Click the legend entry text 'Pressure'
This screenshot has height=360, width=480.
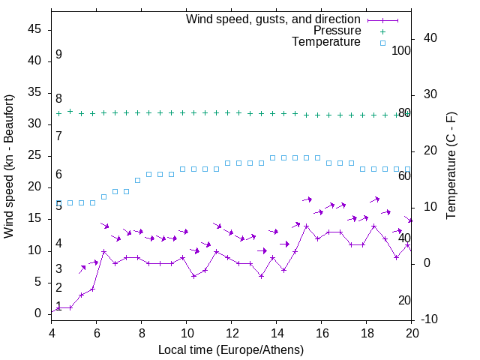[x=337, y=31]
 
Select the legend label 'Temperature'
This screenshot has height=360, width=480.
[x=326, y=42]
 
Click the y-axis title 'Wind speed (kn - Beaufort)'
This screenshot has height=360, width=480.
[x=9, y=166]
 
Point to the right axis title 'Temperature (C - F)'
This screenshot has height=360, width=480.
[x=451, y=166]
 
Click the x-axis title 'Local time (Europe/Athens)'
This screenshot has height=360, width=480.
[x=231, y=349]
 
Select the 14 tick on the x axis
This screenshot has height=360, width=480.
[x=277, y=333]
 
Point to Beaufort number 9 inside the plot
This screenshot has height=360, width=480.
[x=58, y=55]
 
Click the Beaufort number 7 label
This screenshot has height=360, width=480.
[x=58, y=136]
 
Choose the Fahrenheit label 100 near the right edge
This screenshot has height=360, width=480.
[x=401, y=50]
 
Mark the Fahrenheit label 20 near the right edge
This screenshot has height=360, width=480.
[x=404, y=300]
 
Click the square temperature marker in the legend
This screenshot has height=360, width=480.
[x=382, y=43]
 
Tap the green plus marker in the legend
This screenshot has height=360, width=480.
[x=382, y=31]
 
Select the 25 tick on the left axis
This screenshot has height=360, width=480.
[x=34, y=155]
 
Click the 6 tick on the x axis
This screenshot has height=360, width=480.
[x=97, y=333]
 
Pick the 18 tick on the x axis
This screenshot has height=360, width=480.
[x=367, y=333]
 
